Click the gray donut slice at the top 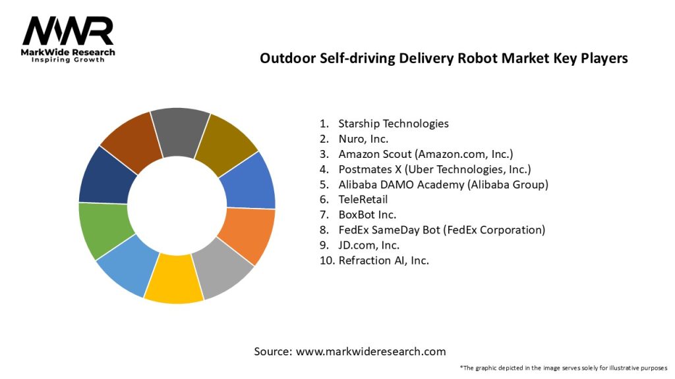point(179,132)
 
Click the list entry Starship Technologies point(393,123)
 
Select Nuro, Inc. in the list point(363,139)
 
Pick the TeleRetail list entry point(363,199)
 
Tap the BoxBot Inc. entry point(367,215)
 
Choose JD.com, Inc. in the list point(368,245)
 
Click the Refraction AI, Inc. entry point(384,260)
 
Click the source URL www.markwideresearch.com point(370,351)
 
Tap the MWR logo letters point(68,30)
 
